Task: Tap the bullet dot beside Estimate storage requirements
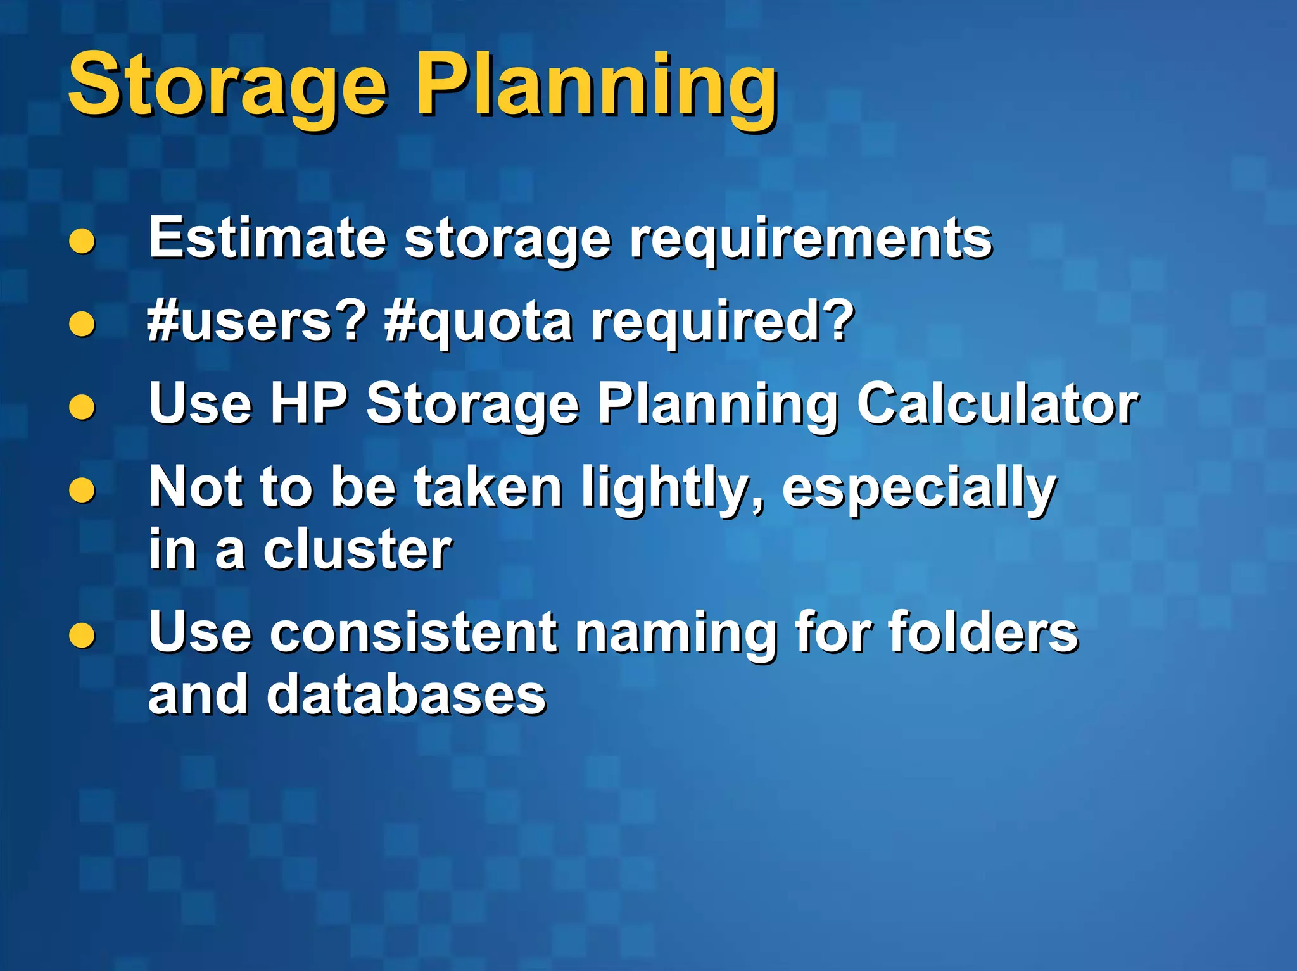coord(82,241)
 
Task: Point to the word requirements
coord(811,241)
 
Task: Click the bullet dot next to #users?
coord(82,324)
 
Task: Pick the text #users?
coord(256,321)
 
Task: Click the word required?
coord(722,321)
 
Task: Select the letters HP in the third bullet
coord(309,403)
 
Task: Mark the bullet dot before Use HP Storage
coord(82,407)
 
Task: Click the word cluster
coord(358,549)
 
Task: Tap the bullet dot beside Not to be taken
coord(82,490)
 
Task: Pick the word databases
coord(406,694)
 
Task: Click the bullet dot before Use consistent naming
coord(82,635)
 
